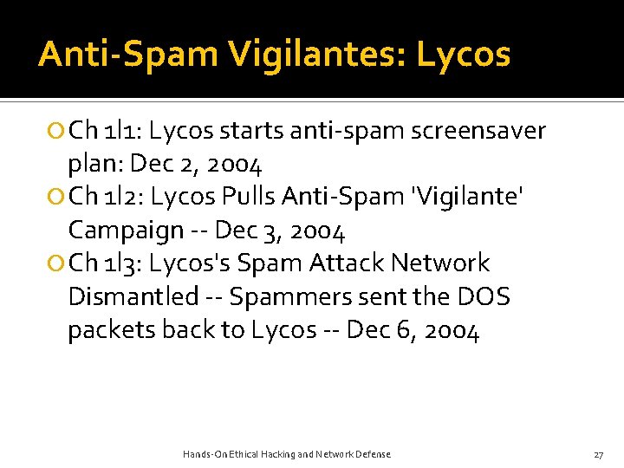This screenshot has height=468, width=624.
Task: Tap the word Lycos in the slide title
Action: coord(464,55)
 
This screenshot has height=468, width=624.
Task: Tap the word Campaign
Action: coord(126,231)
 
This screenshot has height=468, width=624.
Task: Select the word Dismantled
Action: coord(133,296)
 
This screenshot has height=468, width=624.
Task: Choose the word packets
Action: coord(109,330)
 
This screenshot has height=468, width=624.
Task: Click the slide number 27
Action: coord(598,454)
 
